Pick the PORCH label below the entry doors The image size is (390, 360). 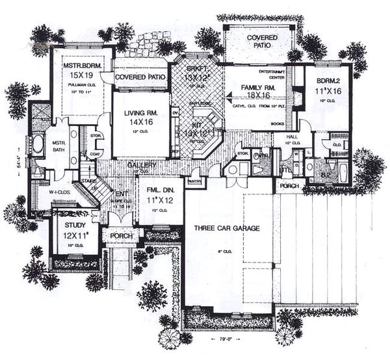click(121, 235)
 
